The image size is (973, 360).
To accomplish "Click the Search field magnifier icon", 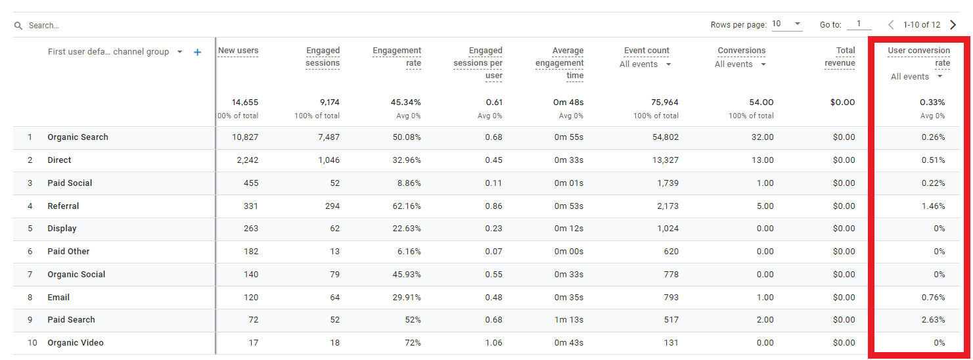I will coord(18,26).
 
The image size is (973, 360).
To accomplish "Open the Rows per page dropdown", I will coord(787,24).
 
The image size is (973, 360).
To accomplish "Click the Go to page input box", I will coord(859,24).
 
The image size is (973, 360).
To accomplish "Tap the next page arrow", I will coord(953,25).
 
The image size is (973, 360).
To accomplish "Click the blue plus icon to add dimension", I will coord(197,52).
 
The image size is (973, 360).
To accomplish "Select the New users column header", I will coord(238,51).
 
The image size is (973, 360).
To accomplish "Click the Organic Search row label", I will coord(78,137).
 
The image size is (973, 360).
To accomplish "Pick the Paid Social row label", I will coord(70,183).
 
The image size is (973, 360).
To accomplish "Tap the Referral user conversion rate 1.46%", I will coord(932,206).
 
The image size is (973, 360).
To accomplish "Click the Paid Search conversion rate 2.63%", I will coord(932,320).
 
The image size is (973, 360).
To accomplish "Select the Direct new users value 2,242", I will coord(244,160).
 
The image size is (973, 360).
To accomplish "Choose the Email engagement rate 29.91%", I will coord(405,298).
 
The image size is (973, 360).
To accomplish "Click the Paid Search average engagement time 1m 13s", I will coord(568,320).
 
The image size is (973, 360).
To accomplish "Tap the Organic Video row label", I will coord(75,343).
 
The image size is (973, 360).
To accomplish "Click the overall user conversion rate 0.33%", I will coord(932,102).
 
